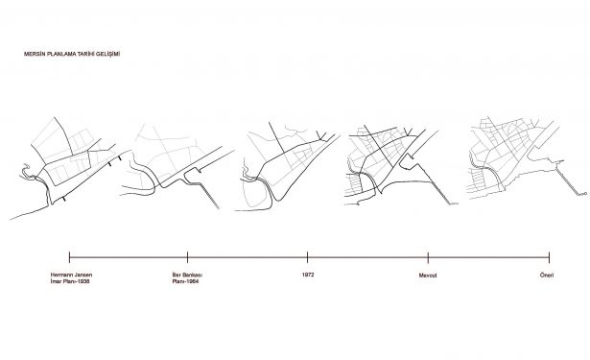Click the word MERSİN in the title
(32, 54)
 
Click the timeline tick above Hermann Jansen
(70, 257)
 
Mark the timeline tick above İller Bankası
(187, 257)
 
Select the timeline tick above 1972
(307, 257)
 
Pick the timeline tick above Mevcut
(428, 257)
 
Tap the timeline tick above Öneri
(550, 257)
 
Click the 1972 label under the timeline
(308, 275)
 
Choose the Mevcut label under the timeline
(428, 276)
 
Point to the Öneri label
(547, 275)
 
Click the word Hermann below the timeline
(61, 275)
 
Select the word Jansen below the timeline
(83, 275)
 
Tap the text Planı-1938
(76, 281)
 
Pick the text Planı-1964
(185, 281)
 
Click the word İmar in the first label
(56, 281)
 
